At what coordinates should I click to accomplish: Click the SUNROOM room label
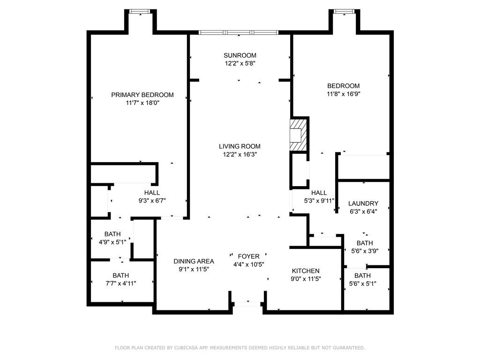[x=240, y=55]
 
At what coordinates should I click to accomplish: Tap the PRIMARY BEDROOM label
[x=142, y=95]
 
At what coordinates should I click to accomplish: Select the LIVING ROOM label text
[x=240, y=146]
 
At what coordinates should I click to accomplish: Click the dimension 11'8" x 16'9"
[x=344, y=94]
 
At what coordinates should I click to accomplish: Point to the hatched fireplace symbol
[x=298, y=135]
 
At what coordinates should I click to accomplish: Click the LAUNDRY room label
[x=363, y=203]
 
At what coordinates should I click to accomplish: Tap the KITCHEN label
[x=306, y=271]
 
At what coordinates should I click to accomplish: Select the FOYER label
[x=248, y=256]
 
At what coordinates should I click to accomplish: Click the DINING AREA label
[x=194, y=261]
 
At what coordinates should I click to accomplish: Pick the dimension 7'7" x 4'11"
[x=121, y=284]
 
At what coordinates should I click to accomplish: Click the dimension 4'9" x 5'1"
[x=112, y=242]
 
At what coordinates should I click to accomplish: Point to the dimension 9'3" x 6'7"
[x=152, y=201]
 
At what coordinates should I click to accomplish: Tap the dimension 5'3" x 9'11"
[x=319, y=201]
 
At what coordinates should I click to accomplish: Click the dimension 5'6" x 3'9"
[x=365, y=251]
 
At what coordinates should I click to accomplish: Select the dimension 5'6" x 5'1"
[x=363, y=284]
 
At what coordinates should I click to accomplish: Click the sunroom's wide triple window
[x=239, y=32]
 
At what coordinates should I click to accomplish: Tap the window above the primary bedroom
[x=140, y=11]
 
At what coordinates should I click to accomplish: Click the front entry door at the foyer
[x=247, y=304]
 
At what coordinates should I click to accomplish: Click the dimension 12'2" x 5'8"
[x=240, y=64]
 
